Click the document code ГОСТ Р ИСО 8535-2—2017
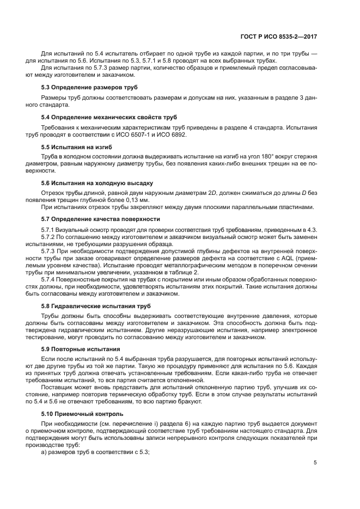[279, 36]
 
